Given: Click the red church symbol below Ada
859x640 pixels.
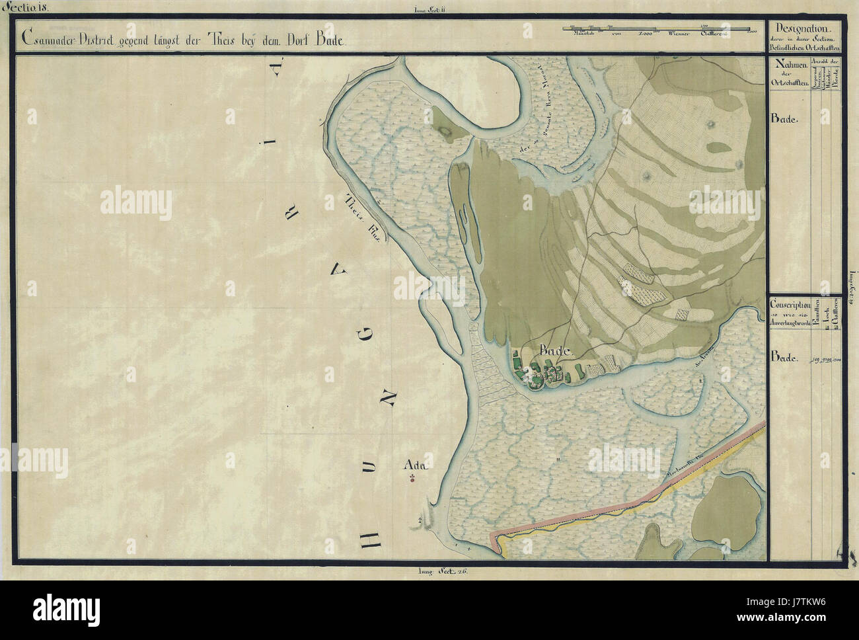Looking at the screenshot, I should [412, 479].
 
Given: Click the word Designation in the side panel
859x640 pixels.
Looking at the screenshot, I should [804, 28].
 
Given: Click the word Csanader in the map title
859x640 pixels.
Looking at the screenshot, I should [49, 39].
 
